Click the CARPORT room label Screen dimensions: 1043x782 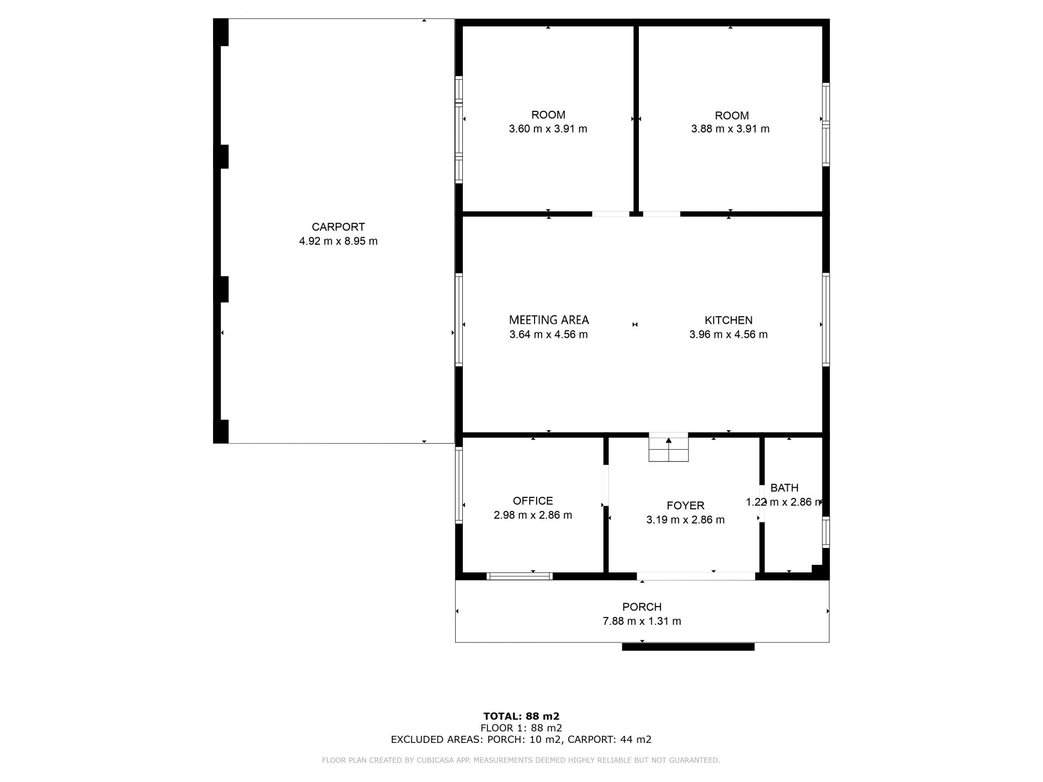(338, 227)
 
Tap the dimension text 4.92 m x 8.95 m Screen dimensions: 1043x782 (338, 241)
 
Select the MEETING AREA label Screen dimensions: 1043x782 (549, 320)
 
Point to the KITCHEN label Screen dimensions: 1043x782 (728, 320)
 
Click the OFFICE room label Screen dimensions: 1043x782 (533, 501)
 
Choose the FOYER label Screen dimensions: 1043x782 (686, 506)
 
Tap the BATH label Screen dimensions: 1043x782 (784, 488)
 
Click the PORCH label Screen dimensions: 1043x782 (642, 607)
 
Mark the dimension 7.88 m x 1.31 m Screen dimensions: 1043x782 (642, 621)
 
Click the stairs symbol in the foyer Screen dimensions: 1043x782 (669, 447)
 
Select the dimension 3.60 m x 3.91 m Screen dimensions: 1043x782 (548, 129)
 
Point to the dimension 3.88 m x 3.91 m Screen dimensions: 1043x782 (730, 129)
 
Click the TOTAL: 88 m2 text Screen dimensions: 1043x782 (521, 716)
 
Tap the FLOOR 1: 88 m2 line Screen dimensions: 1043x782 (521, 728)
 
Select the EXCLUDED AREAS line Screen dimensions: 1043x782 (521, 740)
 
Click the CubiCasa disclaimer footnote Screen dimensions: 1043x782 (521, 760)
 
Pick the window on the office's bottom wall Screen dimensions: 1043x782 (519, 576)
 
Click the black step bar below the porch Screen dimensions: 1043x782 (688, 647)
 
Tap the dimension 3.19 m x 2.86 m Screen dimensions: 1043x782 (686, 520)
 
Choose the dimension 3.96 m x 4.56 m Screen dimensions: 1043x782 (728, 335)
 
